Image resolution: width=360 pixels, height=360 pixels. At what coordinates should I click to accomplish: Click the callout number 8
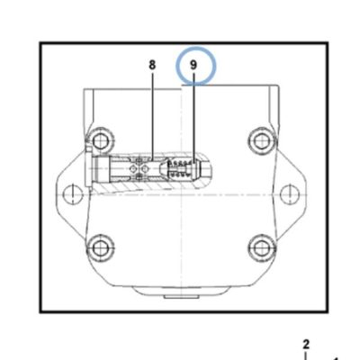pos(152,65)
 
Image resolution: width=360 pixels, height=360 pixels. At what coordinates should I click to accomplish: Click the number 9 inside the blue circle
pos(193,65)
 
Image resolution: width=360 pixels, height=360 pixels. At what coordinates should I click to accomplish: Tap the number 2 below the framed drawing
pos(306,344)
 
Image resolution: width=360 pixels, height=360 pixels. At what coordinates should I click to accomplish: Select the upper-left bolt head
pos(100,139)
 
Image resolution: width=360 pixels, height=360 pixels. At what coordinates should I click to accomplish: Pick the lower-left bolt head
pos(100,247)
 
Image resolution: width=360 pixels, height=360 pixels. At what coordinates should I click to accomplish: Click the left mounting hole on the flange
pos(73,193)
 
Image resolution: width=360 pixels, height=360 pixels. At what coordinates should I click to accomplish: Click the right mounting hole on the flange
pos(289,193)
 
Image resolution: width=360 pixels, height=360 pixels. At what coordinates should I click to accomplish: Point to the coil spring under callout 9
pos(179,168)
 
